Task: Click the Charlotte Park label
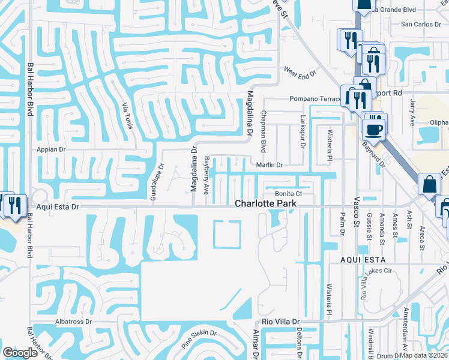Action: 265,204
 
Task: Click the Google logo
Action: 20,353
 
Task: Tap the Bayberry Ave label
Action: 206,175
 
